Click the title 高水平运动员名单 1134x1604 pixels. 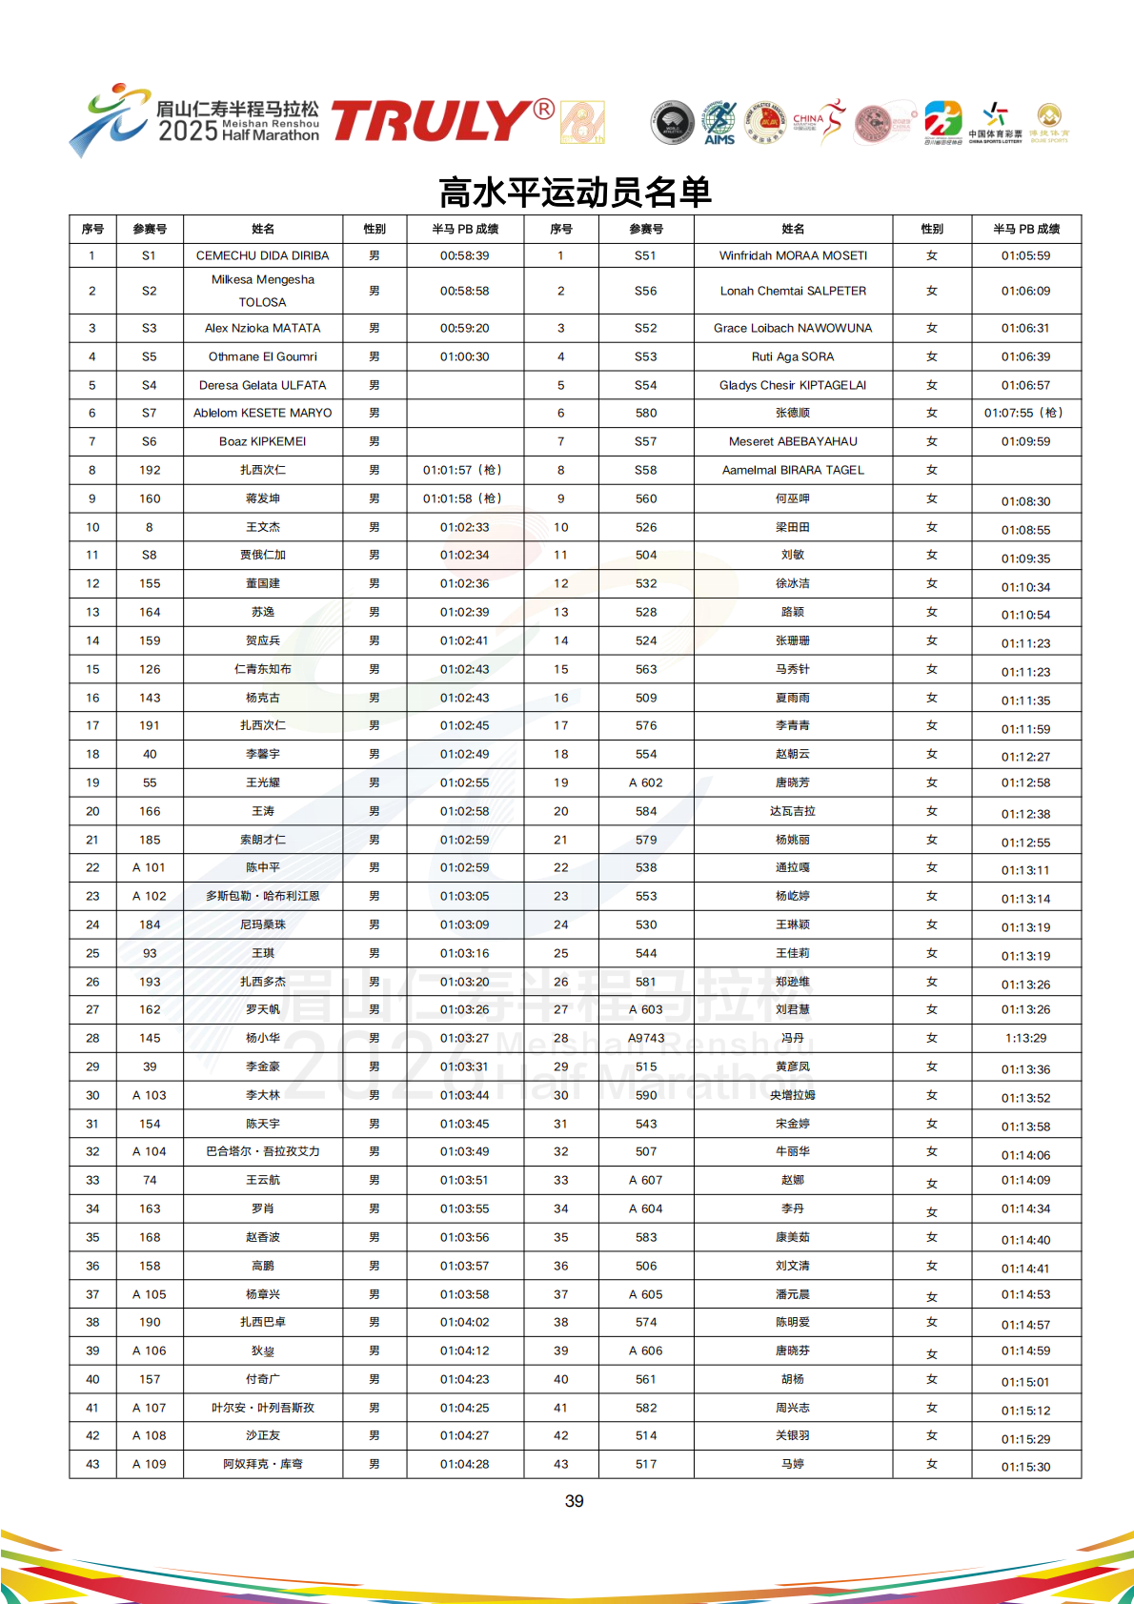coord(575,193)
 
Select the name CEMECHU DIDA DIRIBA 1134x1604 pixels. coord(262,255)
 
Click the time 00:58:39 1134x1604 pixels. coord(464,255)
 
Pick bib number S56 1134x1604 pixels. coord(645,291)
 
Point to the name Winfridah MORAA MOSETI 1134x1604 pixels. coord(793,255)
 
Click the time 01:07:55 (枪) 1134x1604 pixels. coord(1024,413)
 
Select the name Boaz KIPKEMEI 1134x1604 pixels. coord(262,441)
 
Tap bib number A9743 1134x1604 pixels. coord(646,1038)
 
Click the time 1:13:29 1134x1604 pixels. coord(1025,1038)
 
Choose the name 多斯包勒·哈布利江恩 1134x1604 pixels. coord(262,896)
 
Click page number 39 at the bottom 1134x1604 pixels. coord(574,1501)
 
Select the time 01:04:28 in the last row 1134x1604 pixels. coord(464,1464)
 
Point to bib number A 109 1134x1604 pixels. coord(149,1464)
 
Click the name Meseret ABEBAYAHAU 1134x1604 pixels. coord(793,441)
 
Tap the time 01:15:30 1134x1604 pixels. coord(1025,1467)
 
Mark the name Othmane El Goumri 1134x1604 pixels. coord(262,356)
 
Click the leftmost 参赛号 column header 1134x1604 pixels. coord(149,229)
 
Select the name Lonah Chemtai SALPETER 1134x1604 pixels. coord(793,291)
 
